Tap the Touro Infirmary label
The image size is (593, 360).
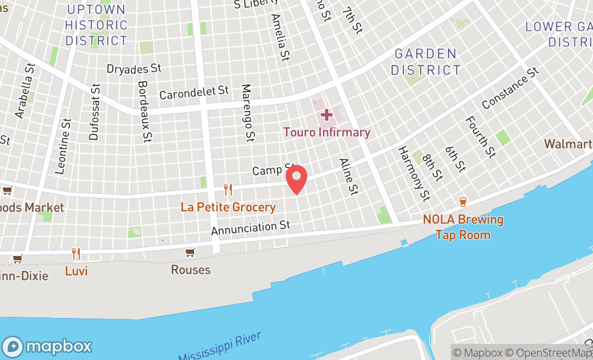tap(327, 133)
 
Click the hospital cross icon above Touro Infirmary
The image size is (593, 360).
tap(326, 115)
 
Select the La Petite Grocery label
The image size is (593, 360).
tap(228, 207)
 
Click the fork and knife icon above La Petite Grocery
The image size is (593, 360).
tap(228, 190)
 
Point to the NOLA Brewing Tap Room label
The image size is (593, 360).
tap(463, 227)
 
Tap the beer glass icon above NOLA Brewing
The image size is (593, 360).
tap(463, 202)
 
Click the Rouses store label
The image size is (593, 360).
tap(190, 269)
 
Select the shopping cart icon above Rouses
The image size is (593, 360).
tap(190, 252)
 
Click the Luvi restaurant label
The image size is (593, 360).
tap(76, 271)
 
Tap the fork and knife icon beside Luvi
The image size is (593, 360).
tap(76, 253)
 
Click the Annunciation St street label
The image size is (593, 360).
tap(251, 227)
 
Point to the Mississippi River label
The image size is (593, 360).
tap(219, 347)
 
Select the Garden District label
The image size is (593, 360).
tap(426, 62)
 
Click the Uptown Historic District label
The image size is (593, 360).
tap(96, 25)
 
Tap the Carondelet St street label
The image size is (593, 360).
tap(194, 93)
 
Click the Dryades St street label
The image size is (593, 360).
tap(134, 68)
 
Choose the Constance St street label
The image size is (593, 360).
tap(510, 88)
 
